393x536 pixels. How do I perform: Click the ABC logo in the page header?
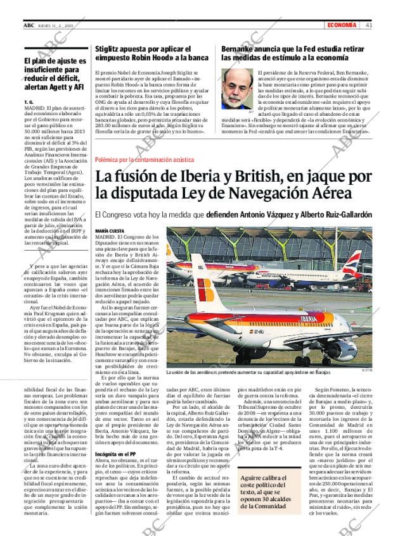click(x=29, y=25)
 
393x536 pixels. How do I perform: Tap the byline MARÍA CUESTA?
click(x=109, y=231)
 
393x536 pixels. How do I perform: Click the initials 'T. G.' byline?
click(x=28, y=102)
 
